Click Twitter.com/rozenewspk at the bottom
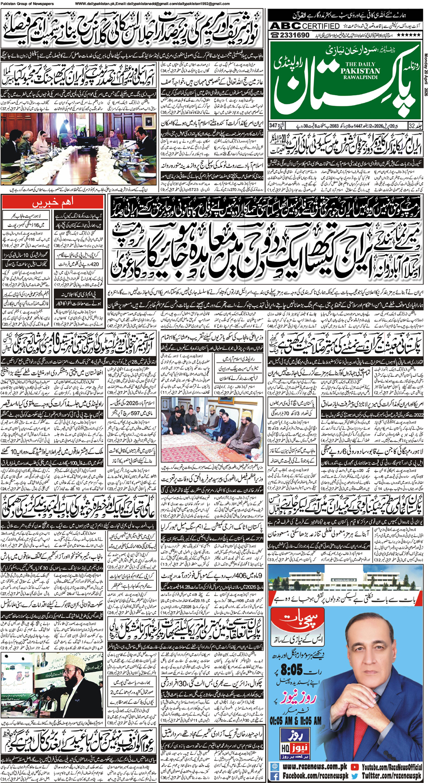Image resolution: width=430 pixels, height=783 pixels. point(391,776)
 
